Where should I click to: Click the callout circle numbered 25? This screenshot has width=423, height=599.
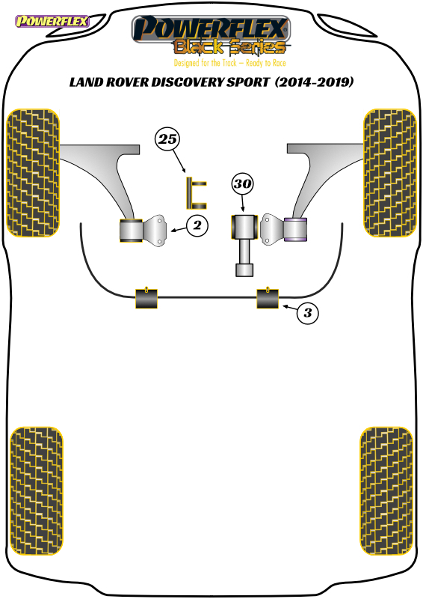tap(167, 139)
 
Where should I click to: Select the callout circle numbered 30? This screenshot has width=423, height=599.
tap(242, 183)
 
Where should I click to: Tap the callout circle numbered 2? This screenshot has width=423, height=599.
tap(197, 225)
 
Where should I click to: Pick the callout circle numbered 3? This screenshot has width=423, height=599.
tap(307, 313)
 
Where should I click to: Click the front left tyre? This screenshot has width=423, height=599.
tap(33, 173)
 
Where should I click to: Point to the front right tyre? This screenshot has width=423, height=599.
tap(390, 173)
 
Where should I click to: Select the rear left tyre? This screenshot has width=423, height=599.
tap(36, 491)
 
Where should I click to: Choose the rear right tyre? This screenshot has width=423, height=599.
tap(386, 491)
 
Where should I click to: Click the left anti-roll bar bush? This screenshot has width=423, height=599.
tap(146, 298)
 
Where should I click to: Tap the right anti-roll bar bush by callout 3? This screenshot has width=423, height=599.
tap(268, 298)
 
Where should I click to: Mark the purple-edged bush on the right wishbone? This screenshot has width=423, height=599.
tap(295, 230)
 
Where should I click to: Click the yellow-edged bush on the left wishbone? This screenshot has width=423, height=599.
tap(132, 230)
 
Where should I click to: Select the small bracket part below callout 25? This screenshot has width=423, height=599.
tap(196, 193)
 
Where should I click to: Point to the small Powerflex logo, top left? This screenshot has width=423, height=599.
tap(52, 21)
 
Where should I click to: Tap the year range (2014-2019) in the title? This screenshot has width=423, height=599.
tap(314, 82)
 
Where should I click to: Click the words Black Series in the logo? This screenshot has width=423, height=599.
tap(229, 47)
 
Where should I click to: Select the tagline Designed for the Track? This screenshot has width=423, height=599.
tap(206, 63)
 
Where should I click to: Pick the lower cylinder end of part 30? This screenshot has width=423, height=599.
tap(244, 270)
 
